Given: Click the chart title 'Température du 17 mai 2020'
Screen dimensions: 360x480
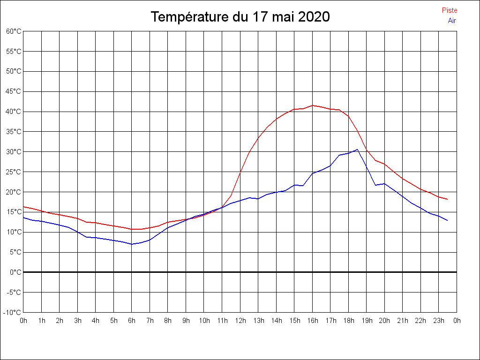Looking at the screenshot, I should click(x=240, y=17).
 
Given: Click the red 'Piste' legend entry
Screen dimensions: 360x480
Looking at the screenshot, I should click(x=450, y=10).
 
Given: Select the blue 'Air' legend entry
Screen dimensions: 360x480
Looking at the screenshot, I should click(x=452, y=20).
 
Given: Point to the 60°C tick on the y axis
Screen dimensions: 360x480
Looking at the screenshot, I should click(x=14, y=31).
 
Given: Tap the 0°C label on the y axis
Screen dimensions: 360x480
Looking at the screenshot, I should click(x=16, y=272).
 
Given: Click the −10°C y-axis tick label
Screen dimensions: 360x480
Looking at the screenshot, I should click(x=13, y=313).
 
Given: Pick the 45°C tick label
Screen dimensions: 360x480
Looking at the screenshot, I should click(x=14, y=91).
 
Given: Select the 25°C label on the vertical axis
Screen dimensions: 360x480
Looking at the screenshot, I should click(x=14, y=172).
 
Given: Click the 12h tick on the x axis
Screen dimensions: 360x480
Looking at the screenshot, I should click(x=240, y=321).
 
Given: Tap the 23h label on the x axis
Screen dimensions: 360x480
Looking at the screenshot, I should click(x=439, y=321).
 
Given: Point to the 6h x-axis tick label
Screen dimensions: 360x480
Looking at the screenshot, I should click(x=132, y=321).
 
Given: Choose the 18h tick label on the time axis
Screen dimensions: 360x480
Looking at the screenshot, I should click(x=348, y=321).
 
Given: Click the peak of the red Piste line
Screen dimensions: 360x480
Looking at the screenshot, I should click(x=313, y=105).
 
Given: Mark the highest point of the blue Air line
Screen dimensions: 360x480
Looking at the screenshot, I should click(x=358, y=150).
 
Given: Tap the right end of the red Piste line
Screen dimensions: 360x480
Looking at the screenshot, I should click(x=448, y=199).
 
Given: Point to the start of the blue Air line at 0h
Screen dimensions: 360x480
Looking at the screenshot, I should click(x=23, y=217).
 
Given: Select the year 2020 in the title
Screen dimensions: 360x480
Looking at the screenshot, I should click(x=314, y=17).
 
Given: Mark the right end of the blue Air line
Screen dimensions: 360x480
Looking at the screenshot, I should click(x=448, y=220).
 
